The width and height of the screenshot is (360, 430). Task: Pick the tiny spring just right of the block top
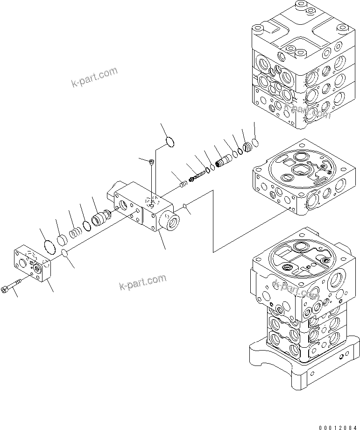coord(184,184)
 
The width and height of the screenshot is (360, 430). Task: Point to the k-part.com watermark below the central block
coord(142,282)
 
